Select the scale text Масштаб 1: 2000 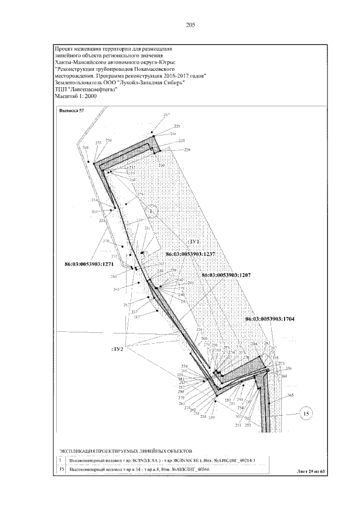76,96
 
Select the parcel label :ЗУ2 117,349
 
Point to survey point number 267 166,115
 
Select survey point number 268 85,148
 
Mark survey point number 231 182,141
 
